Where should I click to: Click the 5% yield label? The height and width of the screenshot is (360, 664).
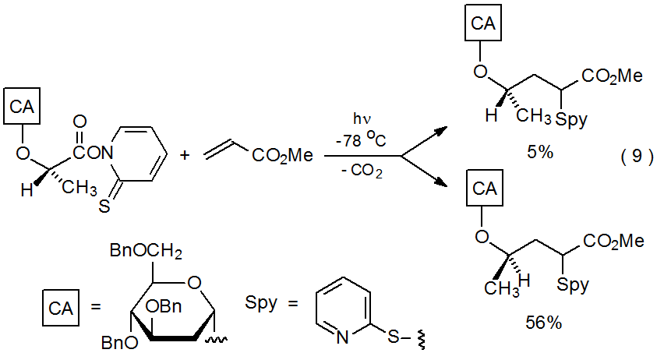click(539, 153)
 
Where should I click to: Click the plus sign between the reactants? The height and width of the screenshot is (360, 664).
click(185, 155)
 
